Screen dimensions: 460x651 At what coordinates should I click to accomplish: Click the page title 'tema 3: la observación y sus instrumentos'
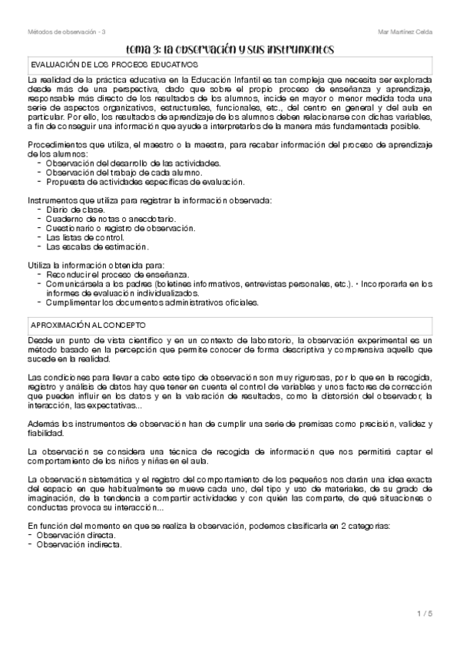tap(229, 49)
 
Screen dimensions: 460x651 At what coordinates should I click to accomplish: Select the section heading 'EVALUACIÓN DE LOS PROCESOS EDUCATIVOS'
tap(112, 66)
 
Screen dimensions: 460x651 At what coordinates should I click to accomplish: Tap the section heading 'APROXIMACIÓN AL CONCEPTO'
tap(91, 325)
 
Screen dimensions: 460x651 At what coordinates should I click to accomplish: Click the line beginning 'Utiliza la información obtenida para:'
tap(98, 265)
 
